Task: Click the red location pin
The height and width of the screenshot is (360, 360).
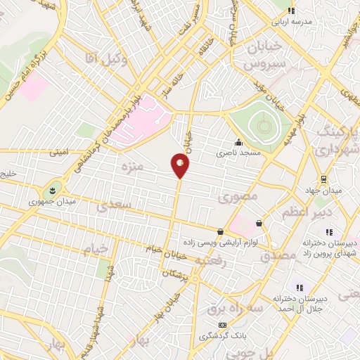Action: click(180, 165)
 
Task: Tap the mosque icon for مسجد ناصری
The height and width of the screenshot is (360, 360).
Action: click(239, 141)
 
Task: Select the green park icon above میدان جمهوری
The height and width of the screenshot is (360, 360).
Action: click(51, 191)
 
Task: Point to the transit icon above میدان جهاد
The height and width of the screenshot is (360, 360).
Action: click(323, 179)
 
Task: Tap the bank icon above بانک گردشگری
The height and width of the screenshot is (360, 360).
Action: click(223, 325)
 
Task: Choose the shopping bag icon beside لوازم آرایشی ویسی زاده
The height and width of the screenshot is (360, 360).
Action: click(221, 231)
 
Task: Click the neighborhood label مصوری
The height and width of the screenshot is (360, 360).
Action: click(239, 197)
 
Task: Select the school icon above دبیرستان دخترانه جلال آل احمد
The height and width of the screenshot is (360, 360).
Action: click(300, 288)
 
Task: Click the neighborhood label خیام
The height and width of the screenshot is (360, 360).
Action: click(98, 249)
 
